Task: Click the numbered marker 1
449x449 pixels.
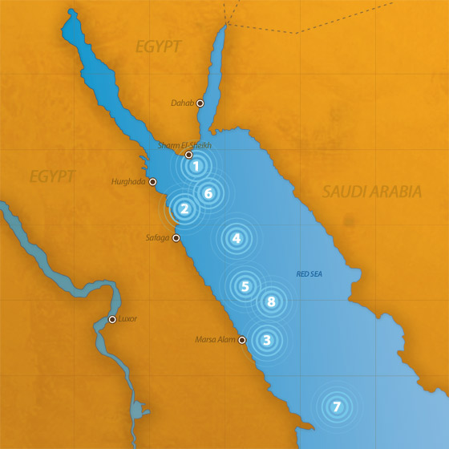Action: click(x=195, y=167)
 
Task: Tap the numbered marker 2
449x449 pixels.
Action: click(x=184, y=209)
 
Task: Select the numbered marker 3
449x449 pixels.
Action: click(x=266, y=340)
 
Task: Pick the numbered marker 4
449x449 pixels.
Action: click(x=236, y=238)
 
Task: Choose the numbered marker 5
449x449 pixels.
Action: click(x=245, y=286)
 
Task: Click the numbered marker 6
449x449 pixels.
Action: click(x=208, y=193)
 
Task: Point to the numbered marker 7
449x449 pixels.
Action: click(x=337, y=407)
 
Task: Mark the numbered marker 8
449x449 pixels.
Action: click(x=271, y=302)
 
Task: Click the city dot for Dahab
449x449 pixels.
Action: click(x=200, y=103)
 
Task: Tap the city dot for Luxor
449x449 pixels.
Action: click(x=112, y=320)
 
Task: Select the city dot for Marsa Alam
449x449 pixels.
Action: click(x=242, y=340)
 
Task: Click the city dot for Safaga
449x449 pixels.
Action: click(x=176, y=238)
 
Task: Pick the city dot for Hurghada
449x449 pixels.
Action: click(x=152, y=181)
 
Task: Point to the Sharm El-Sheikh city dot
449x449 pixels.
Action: click(x=188, y=155)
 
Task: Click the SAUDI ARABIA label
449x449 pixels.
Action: click(x=371, y=192)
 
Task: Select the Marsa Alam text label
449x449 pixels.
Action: click(x=216, y=340)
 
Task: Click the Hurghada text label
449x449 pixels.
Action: click(x=128, y=182)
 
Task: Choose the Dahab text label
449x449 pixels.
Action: click(x=183, y=103)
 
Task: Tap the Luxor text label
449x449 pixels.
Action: click(x=127, y=319)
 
